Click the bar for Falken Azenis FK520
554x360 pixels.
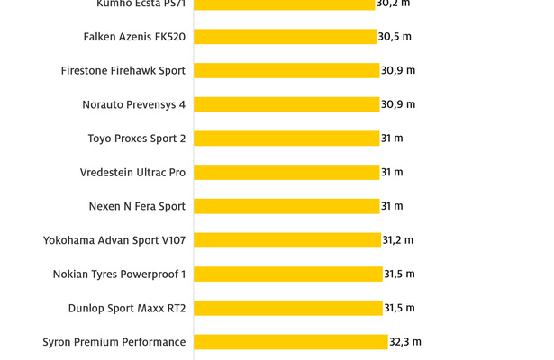click(285, 37)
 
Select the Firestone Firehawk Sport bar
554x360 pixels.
click(286, 70)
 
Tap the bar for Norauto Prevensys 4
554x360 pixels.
click(286, 104)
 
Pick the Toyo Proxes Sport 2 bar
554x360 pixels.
click(286, 139)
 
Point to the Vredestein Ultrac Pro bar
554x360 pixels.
click(286, 172)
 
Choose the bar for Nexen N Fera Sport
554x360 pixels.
click(286, 206)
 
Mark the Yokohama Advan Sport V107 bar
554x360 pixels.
click(287, 240)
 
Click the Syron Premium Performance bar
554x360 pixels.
click(291, 342)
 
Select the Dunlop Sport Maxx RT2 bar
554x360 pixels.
click(288, 308)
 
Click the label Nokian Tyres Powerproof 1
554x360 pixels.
click(119, 274)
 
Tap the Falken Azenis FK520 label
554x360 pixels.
click(134, 37)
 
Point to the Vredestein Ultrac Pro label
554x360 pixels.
click(132, 172)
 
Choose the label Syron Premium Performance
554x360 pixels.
click(114, 342)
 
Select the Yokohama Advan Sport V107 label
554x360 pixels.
click(114, 240)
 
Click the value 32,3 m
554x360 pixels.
click(405, 342)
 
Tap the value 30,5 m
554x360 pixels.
click(395, 37)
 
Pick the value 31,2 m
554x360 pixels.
click(398, 240)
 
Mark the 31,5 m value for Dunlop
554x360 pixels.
click(399, 308)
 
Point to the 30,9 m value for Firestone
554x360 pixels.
click(398, 70)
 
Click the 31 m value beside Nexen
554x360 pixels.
click(392, 206)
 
